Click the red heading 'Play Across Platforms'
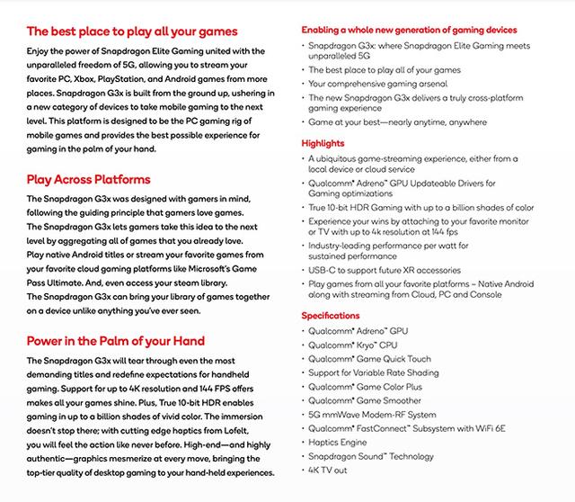[89, 179]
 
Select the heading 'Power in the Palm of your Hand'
[116, 341]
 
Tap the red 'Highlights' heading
[323, 143]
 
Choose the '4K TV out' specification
[329, 470]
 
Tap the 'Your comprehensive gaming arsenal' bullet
[378, 84]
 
